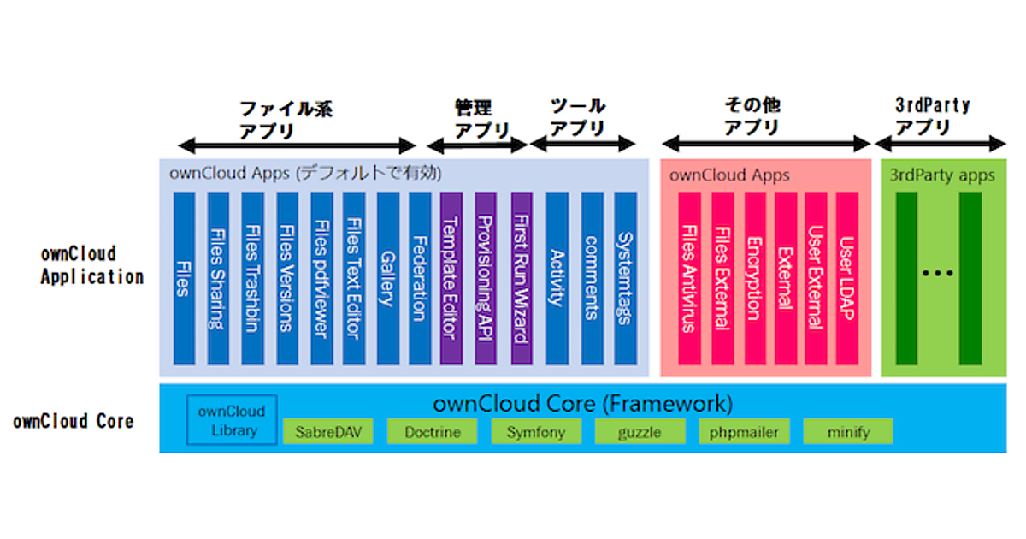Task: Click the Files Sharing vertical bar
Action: tap(218, 278)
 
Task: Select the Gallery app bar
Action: tap(387, 278)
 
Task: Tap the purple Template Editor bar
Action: tap(451, 278)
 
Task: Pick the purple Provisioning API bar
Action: tap(486, 278)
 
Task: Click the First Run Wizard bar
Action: tap(521, 278)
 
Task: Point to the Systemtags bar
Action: tap(626, 278)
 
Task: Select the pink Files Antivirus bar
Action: tap(689, 278)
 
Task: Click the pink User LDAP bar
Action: tap(846, 278)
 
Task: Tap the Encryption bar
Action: tap(754, 278)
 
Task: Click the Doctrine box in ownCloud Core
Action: tap(433, 432)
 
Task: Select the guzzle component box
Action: tap(640, 432)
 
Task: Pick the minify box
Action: tap(848, 432)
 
